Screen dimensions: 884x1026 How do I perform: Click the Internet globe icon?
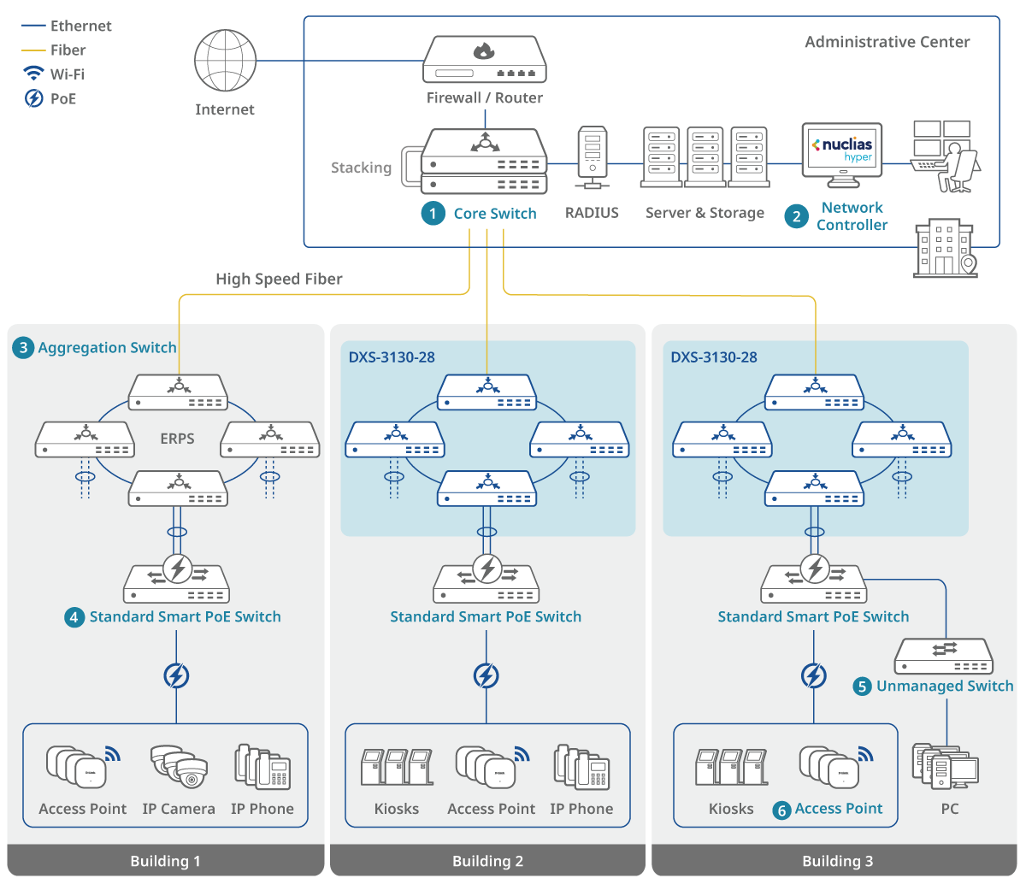pos(225,61)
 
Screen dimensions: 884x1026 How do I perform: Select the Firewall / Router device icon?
pos(484,60)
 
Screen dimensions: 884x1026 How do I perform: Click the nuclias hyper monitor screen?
pos(842,149)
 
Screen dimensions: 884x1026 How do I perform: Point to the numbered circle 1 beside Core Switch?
pos(433,213)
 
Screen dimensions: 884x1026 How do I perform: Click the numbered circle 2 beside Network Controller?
pos(797,216)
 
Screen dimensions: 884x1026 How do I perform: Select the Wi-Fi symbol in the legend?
pos(33,74)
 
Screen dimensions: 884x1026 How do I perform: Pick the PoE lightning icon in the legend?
pos(33,98)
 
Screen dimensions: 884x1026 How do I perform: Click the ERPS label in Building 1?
pos(177,439)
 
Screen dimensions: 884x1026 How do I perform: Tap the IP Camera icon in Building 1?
pos(179,766)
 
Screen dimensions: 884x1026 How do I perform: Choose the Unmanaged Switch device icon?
pos(944,656)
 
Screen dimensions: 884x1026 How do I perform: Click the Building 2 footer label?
pos(487,861)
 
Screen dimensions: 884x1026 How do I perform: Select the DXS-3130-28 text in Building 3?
pos(714,357)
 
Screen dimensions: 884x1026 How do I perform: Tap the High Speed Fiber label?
pos(279,279)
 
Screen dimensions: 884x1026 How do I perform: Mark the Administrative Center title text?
pos(887,42)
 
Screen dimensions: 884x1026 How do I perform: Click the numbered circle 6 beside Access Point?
pos(781,810)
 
